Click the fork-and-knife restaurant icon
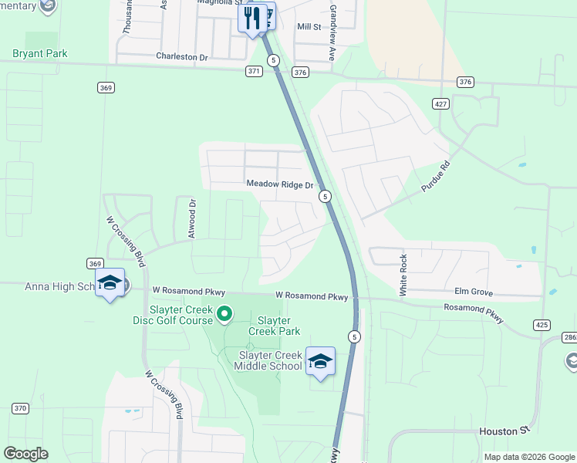252,18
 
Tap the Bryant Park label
39,54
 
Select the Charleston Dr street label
182,56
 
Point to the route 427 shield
440,103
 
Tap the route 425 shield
542,325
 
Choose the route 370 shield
20,407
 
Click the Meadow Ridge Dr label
280,184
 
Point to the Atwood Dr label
193,218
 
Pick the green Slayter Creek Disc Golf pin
224,313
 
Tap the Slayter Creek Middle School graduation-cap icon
320,361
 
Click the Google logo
25,454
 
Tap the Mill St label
309,27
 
